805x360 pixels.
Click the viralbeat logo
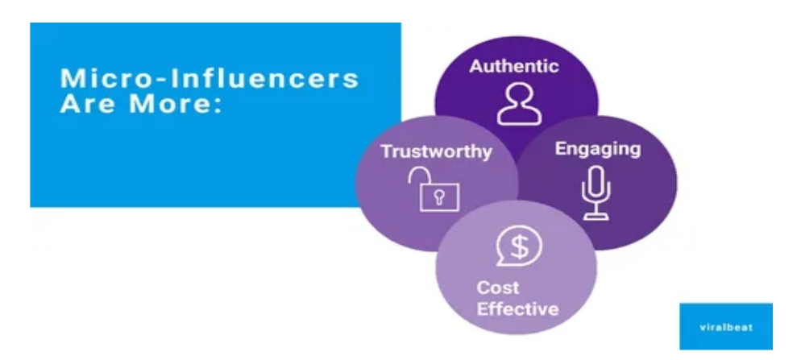(725, 325)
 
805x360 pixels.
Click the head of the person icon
(517, 96)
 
